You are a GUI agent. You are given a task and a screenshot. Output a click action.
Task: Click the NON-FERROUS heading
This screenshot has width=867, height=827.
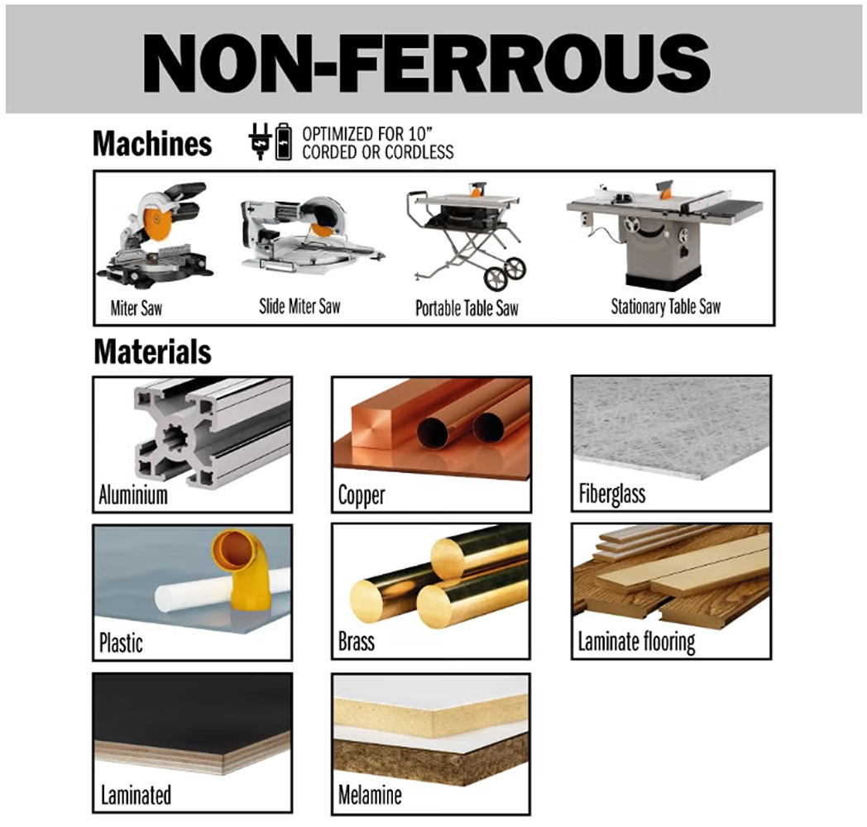426,63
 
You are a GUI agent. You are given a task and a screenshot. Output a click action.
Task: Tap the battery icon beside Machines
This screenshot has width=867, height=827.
284,141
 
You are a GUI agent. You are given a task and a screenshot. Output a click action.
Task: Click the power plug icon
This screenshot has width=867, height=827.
259,141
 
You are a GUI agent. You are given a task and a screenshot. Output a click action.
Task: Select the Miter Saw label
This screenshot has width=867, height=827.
136,308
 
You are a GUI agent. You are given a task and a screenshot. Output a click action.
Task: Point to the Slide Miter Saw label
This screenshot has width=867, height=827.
299,306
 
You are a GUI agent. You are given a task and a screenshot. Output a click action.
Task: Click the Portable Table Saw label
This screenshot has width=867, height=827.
467,308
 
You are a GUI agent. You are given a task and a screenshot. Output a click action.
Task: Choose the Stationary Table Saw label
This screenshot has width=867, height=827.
666,306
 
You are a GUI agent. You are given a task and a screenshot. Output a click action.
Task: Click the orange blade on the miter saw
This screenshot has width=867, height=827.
154,221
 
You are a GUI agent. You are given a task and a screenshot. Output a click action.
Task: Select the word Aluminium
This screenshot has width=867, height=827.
133,495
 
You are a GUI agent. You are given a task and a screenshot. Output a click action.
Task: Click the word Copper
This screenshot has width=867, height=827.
362,495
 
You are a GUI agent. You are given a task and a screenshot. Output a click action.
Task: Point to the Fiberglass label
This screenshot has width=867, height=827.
612,494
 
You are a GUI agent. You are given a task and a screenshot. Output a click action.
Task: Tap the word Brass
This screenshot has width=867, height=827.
357,643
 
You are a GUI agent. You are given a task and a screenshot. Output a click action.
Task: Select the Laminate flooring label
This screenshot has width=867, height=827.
636,642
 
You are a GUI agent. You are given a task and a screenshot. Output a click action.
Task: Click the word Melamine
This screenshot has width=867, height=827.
370,795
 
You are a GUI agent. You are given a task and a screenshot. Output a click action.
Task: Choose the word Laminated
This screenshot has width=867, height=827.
136,795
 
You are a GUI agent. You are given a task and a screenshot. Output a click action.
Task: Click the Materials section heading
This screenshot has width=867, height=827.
152,351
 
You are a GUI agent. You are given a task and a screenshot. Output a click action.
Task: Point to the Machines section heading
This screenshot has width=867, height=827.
152,143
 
